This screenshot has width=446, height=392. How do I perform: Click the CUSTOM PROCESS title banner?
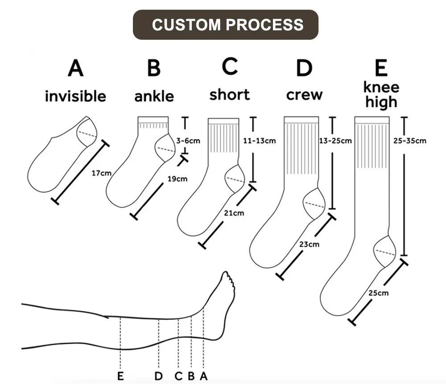226,25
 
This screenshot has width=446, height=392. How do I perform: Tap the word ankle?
154,96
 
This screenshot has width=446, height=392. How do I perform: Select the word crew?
304,95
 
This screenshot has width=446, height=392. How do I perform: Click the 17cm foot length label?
101,173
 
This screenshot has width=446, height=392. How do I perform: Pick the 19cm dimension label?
177,179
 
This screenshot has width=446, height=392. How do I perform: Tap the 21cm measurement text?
234,213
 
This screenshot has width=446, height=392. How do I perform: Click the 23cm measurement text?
309,244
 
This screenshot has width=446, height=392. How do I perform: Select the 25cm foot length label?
378,293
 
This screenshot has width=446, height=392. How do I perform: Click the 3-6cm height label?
188,141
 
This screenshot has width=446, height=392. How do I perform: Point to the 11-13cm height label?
259,141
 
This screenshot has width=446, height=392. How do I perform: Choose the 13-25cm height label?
335,141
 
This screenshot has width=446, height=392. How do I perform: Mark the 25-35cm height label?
410,141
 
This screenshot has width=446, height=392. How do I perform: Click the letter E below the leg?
120,376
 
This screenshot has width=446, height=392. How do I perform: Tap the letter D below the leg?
158,376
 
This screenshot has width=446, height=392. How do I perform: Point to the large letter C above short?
230,67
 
